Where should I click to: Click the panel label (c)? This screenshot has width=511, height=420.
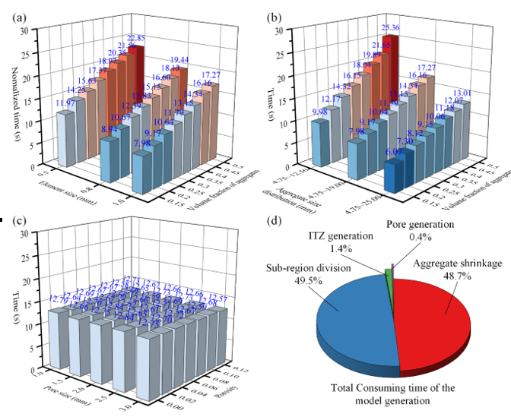[10, 224]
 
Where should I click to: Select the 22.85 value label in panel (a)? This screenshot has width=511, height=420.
[137, 39]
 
